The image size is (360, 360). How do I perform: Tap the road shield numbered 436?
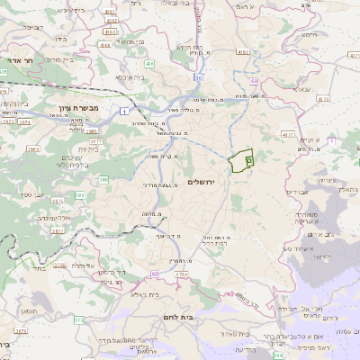coord(149,64)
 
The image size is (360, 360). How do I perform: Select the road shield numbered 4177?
coord(288,133)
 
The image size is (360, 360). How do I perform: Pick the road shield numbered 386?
coord(103,180)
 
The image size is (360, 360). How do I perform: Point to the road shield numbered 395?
coord(81,194)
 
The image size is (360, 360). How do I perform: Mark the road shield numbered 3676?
coord(58,265)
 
